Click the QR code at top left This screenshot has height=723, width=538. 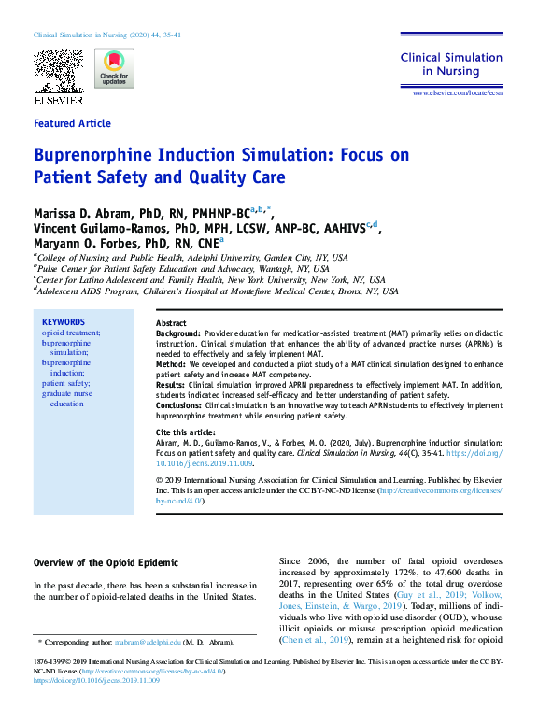pos(58,68)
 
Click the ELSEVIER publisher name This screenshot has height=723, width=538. pos(58,99)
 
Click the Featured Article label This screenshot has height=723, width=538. pos(72,123)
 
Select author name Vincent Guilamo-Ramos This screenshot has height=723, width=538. pos(103,230)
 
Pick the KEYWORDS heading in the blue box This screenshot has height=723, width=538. pos(64,322)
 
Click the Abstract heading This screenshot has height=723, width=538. pos(171,322)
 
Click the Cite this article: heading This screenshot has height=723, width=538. pos(183,432)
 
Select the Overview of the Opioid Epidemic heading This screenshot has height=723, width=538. pos(106,563)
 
